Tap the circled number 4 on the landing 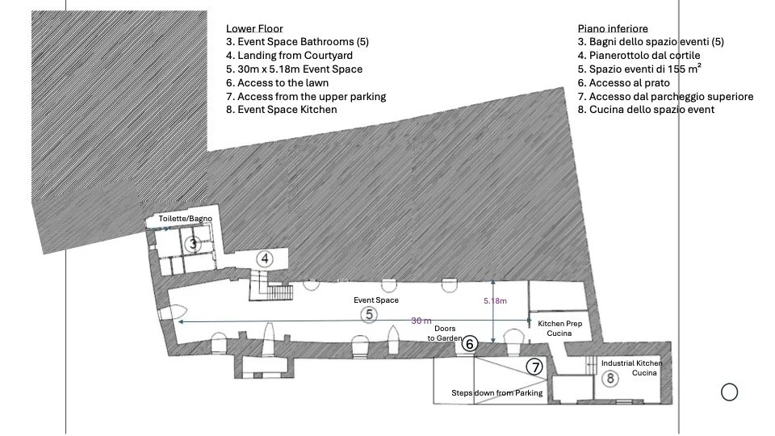point(265,259)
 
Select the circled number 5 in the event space point(368,314)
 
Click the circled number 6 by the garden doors point(470,344)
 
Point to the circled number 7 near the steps point(534,367)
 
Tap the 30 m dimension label point(421,321)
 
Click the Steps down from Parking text point(496,393)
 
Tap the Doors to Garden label point(445,333)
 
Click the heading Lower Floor point(254,28)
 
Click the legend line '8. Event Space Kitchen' point(281,110)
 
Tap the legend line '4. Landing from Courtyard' point(289,56)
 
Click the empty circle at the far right point(729,392)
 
